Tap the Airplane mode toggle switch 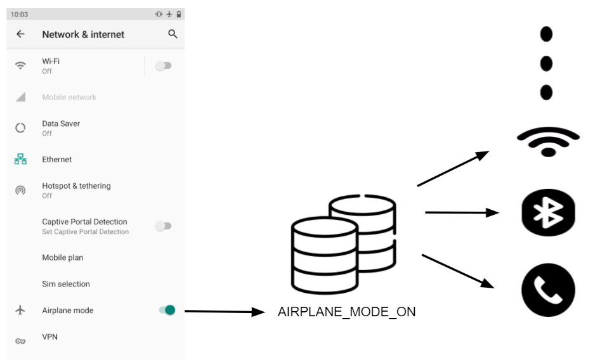point(167,310)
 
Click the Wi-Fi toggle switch point(164,65)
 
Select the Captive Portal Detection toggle point(164,226)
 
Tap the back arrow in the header point(20,34)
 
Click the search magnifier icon point(173,34)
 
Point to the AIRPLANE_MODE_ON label point(346,312)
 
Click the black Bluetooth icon point(548,212)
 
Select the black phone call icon point(548,290)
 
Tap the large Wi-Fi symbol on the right point(548,141)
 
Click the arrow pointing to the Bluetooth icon point(462,213)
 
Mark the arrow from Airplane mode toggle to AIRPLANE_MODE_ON point(223,311)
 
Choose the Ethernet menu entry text point(57,160)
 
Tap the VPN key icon point(20,341)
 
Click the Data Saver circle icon point(20,128)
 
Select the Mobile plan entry point(62,258)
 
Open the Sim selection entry point(66,284)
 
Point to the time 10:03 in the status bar point(19,14)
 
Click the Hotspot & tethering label point(76,186)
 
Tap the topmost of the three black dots point(546,34)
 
